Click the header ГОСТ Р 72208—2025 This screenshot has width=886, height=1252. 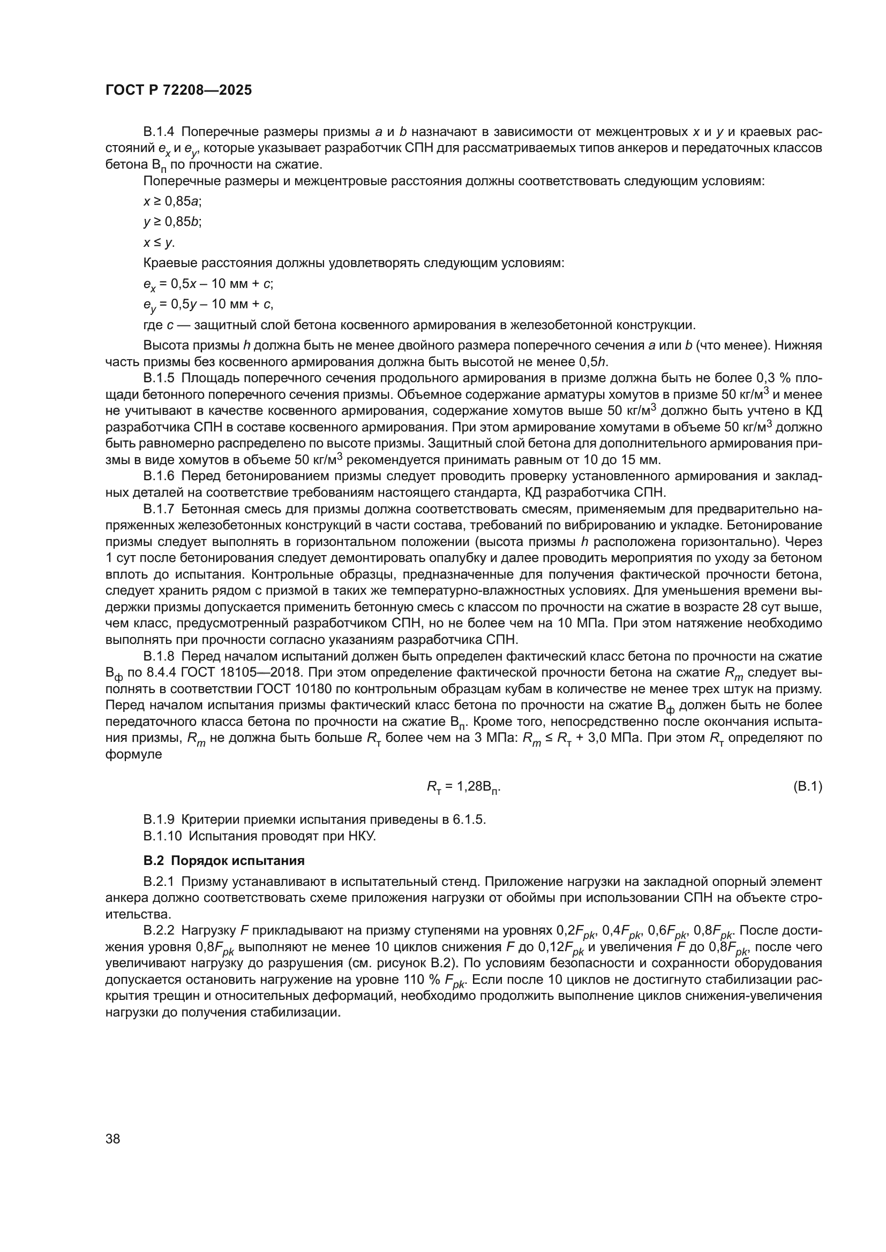[178, 90]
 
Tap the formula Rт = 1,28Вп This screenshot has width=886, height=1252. [464, 787]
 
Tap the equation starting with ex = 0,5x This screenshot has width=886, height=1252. [208, 284]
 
